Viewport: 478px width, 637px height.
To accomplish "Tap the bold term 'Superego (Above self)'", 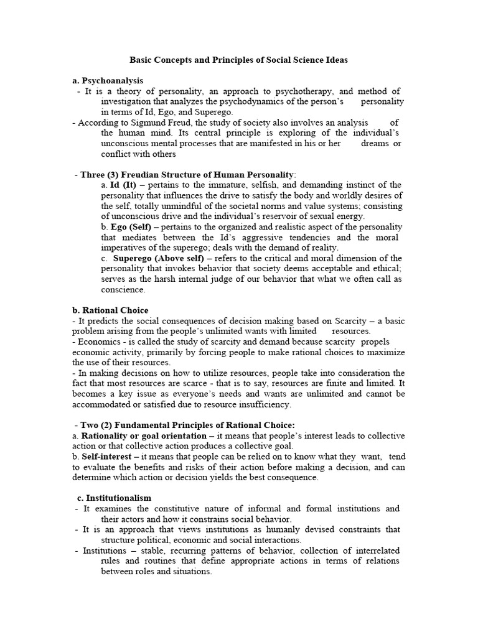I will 158,258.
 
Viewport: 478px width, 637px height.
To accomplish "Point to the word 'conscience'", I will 123,289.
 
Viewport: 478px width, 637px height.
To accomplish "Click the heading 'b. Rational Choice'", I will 110,310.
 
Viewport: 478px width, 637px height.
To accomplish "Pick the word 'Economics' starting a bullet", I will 97,342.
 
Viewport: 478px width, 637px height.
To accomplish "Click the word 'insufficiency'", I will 263,404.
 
